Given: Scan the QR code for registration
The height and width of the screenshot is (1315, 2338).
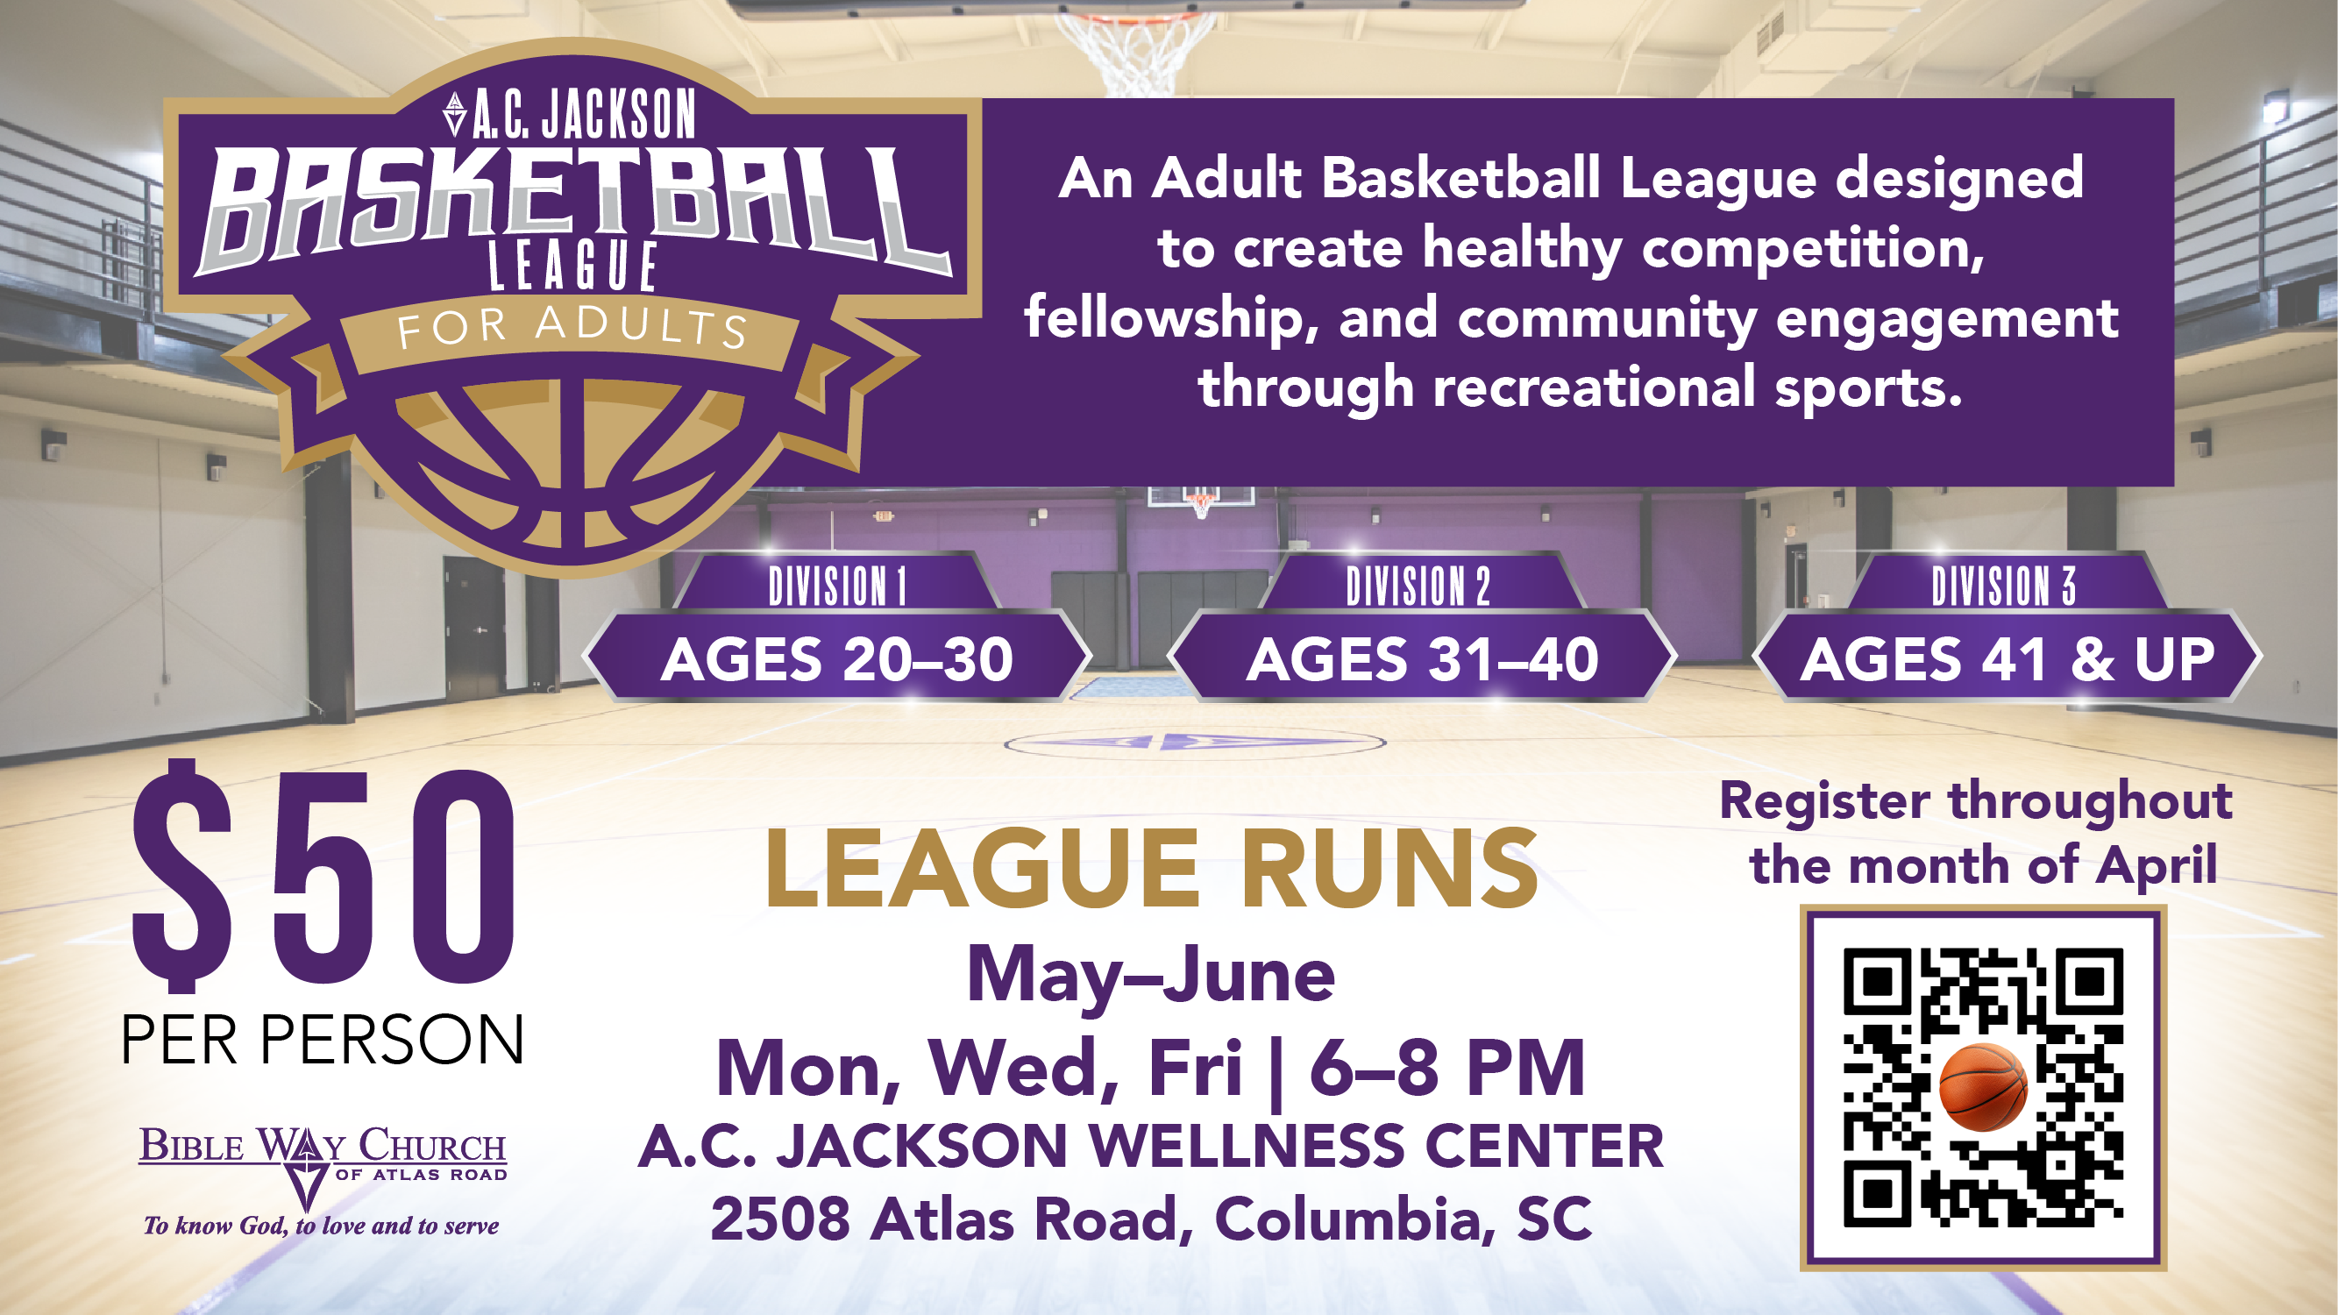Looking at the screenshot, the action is click(x=1983, y=1087).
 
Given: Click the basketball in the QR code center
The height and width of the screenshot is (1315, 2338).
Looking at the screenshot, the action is click(x=1983, y=1087).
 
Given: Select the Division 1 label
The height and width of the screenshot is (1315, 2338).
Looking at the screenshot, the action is click(x=837, y=586).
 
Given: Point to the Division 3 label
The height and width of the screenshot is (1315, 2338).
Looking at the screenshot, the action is click(x=2003, y=586).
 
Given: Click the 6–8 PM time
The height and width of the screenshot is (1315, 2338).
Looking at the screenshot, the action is click(x=1446, y=1068).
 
